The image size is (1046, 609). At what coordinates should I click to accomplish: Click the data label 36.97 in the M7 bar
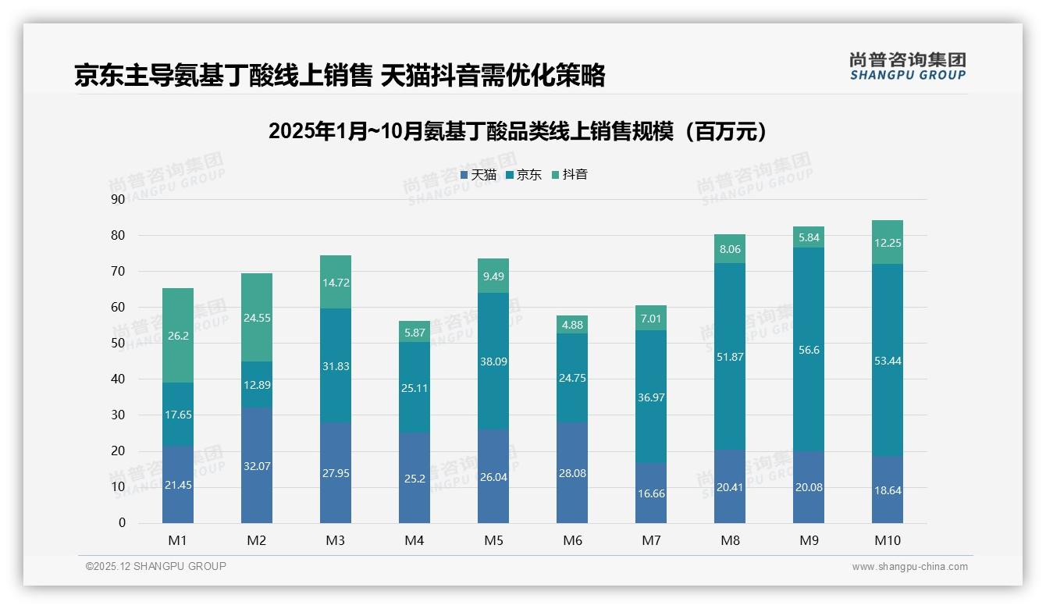(x=651, y=397)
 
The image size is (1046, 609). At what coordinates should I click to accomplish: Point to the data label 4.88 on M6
(x=572, y=325)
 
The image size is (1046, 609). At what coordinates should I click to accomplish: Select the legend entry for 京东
(x=524, y=175)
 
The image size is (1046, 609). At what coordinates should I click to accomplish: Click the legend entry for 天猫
(x=479, y=175)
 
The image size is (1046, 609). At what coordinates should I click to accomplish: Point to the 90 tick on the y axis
(x=118, y=199)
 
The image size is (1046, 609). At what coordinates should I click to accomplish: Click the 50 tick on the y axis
(x=118, y=344)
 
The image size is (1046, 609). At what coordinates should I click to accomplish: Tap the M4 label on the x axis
(x=414, y=540)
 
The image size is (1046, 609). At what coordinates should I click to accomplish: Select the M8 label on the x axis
(x=730, y=540)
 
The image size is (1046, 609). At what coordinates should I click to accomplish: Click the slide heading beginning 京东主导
(x=340, y=75)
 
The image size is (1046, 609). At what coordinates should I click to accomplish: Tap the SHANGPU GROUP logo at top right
(x=907, y=66)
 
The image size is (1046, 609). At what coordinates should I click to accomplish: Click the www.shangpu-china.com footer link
(x=909, y=567)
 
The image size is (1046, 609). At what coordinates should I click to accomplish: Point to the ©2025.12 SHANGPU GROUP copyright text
(x=156, y=567)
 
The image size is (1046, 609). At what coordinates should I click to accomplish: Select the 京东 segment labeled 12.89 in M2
(x=257, y=384)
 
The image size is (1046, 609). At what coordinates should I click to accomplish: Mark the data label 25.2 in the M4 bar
(x=414, y=478)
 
